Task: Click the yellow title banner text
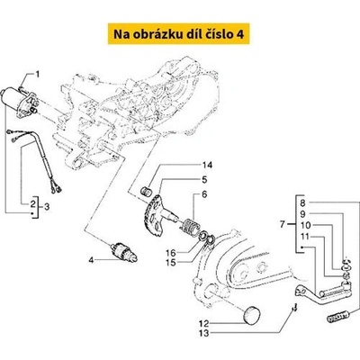tap(180, 34)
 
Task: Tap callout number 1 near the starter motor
tap(38, 74)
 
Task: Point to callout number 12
tap(203, 322)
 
